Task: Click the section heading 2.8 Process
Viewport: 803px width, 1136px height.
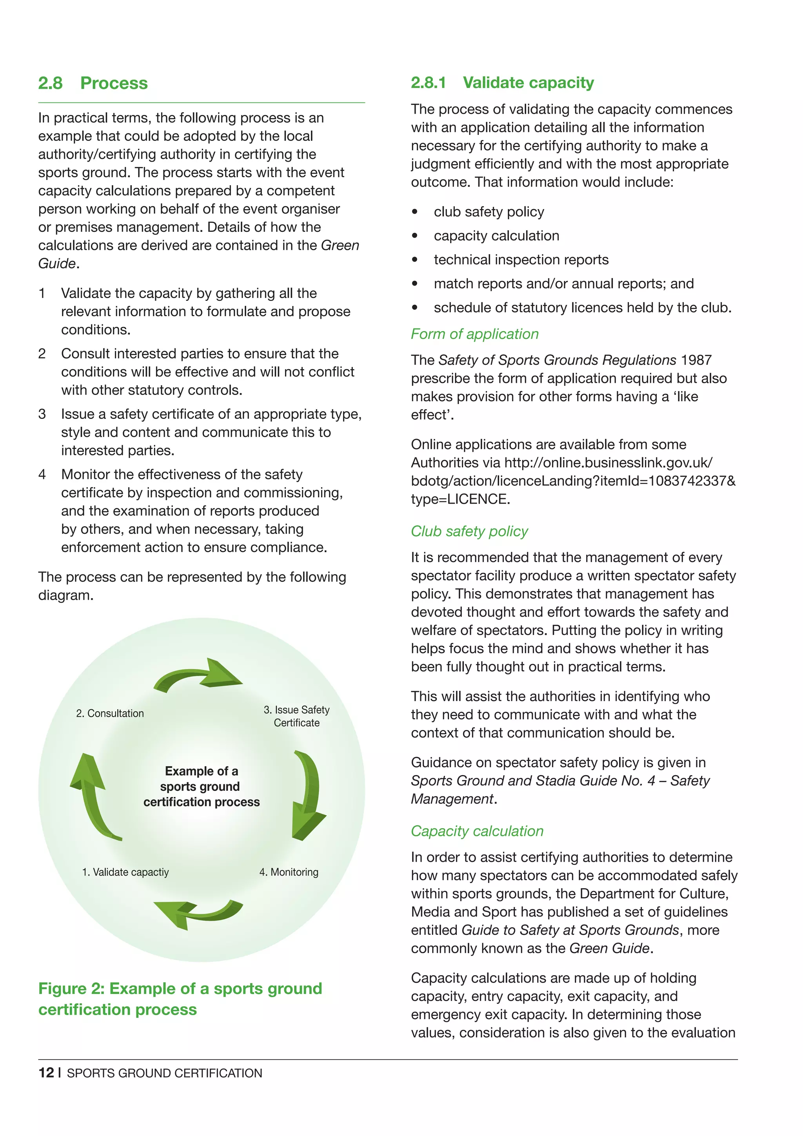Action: (x=93, y=83)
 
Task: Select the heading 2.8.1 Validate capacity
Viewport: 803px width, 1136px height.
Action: (x=502, y=83)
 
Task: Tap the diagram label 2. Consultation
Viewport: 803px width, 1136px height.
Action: (x=110, y=713)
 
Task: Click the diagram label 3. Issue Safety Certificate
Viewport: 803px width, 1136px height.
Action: (x=297, y=716)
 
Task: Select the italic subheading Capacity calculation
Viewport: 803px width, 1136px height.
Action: (x=477, y=831)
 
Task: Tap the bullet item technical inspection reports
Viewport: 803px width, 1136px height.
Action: (x=521, y=260)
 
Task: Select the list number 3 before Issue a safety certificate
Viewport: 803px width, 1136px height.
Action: (x=42, y=414)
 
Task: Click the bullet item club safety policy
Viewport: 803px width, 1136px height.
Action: (x=489, y=212)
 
